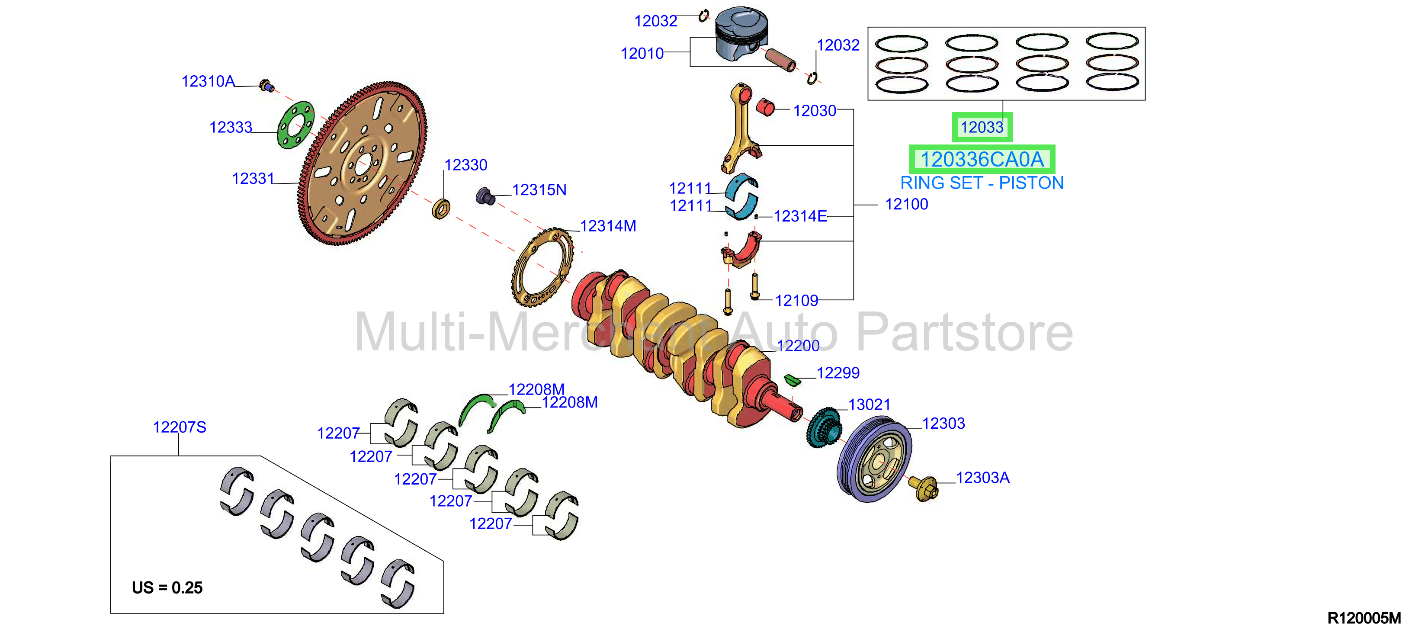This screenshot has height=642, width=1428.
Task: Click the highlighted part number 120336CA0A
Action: click(x=982, y=160)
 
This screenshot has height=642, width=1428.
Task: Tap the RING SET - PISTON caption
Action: click(x=982, y=183)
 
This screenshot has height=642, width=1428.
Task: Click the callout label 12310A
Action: click(x=208, y=81)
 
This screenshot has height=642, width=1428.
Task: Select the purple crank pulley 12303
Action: click(x=874, y=459)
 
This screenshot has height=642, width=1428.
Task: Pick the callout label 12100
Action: click(x=906, y=205)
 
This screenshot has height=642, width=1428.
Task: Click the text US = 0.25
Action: click(x=167, y=587)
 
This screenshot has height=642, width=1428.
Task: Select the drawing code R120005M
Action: click(x=1364, y=618)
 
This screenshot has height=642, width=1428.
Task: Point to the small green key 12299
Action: click(x=793, y=380)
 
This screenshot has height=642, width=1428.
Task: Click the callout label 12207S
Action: click(x=179, y=427)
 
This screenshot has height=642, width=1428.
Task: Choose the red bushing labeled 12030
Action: click(x=766, y=107)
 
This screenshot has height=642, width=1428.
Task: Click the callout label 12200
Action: click(x=798, y=346)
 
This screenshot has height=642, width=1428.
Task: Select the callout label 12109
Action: click(x=796, y=301)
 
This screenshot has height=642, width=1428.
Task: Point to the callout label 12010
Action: click(x=642, y=54)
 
